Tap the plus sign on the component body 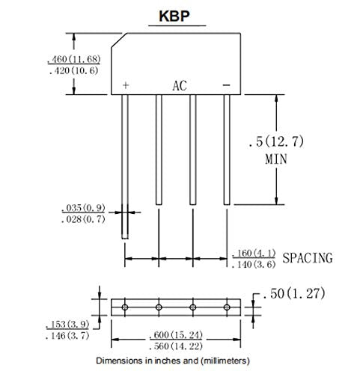[x=125, y=85]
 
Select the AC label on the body [x=180, y=85]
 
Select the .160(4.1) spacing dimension [x=254, y=253]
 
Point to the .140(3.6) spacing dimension [x=254, y=265]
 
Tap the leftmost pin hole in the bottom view [x=125, y=307]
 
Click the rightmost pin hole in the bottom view [x=228, y=307]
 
